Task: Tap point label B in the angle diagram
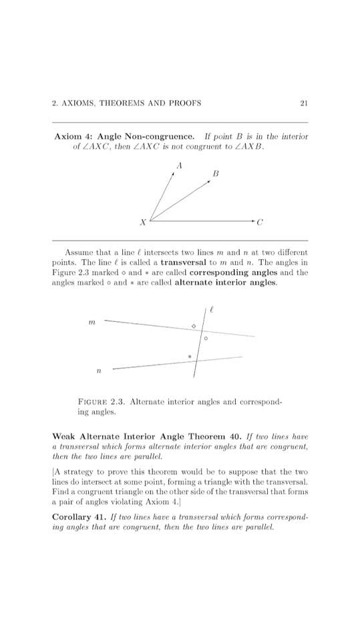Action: (215, 174)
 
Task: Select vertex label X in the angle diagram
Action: (142, 222)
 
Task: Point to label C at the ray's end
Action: (260, 222)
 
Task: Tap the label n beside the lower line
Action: (98, 369)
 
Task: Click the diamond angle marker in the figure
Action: (194, 326)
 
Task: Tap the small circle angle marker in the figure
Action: (206, 339)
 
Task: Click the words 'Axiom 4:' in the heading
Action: (73, 137)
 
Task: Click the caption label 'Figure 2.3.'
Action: (102, 402)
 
